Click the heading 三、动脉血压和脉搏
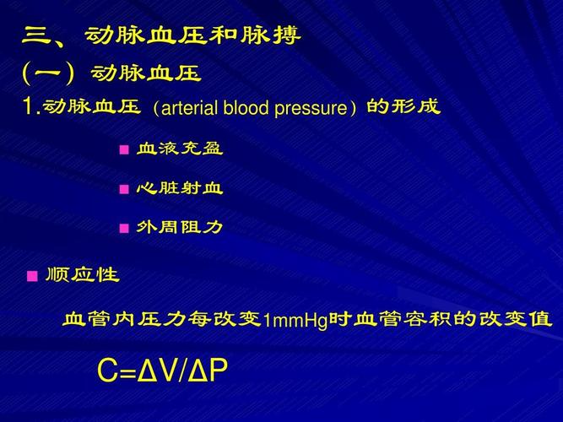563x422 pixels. pos(161,35)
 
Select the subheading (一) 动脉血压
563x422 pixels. pos(111,73)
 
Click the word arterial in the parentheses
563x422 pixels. pos(190,108)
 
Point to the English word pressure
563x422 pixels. pos(311,109)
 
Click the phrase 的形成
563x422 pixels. pos(403,106)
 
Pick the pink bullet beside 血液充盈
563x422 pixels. pos(124,149)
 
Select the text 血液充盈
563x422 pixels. pos(180,149)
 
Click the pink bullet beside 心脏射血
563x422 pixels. pos(124,189)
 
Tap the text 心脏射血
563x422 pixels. pos(180,188)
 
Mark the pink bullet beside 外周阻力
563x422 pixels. pos(124,228)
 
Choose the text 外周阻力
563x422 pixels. pos(180,227)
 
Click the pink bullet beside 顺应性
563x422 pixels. pos(32,276)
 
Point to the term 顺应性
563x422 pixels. pos(82,275)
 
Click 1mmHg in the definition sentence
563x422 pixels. pos(295,321)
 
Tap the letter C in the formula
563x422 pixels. pos(108,371)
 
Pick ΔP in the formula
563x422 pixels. pos(208,371)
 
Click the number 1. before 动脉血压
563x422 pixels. pos(31,106)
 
